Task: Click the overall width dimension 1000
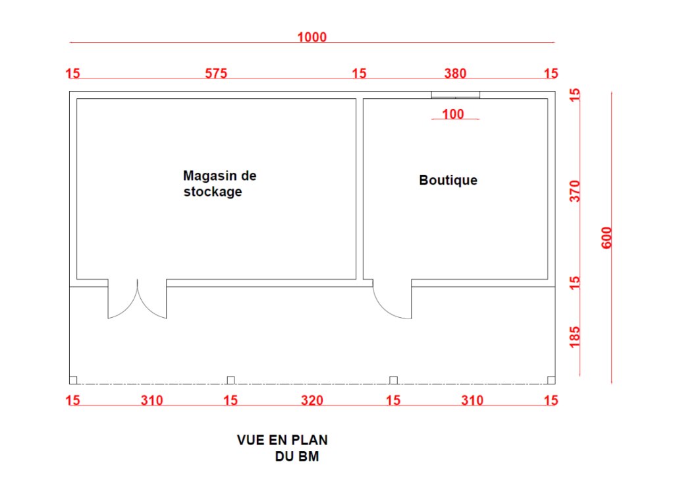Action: point(312,37)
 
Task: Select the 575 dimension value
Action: point(216,73)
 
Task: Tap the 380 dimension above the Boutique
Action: point(454,73)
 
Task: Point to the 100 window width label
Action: point(453,114)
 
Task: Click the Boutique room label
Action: point(449,180)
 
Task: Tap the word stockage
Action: point(212,192)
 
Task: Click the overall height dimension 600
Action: point(607,237)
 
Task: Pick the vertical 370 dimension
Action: point(574,191)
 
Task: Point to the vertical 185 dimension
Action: point(574,337)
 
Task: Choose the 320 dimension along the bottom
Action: point(312,400)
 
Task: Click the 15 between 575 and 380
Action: point(359,73)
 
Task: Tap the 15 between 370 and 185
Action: point(574,282)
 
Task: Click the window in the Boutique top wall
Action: point(456,95)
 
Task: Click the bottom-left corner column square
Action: point(73,380)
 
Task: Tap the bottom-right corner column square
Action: point(551,380)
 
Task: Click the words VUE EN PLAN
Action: point(283,441)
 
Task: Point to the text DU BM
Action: point(297,456)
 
